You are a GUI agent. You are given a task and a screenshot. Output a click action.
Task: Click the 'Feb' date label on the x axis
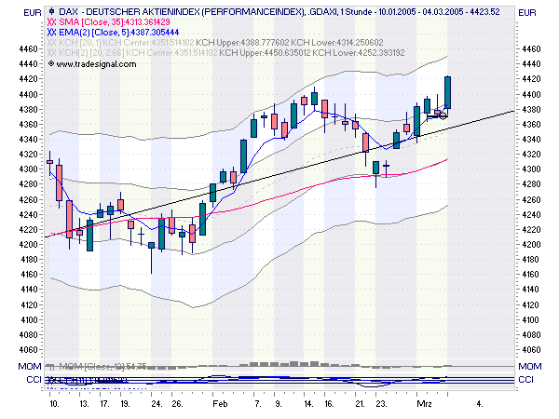(x=221, y=406)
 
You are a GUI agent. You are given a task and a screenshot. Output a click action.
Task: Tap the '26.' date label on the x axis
(x=177, y=406)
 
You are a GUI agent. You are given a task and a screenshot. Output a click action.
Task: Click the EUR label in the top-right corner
(x=527, y=12)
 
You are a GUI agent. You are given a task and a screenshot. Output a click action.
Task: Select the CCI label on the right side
(x=527, y=380)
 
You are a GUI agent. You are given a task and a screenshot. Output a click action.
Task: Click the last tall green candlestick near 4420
(x=448, y=93)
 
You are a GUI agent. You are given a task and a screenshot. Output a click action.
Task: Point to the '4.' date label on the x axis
(x=479, y=406)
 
